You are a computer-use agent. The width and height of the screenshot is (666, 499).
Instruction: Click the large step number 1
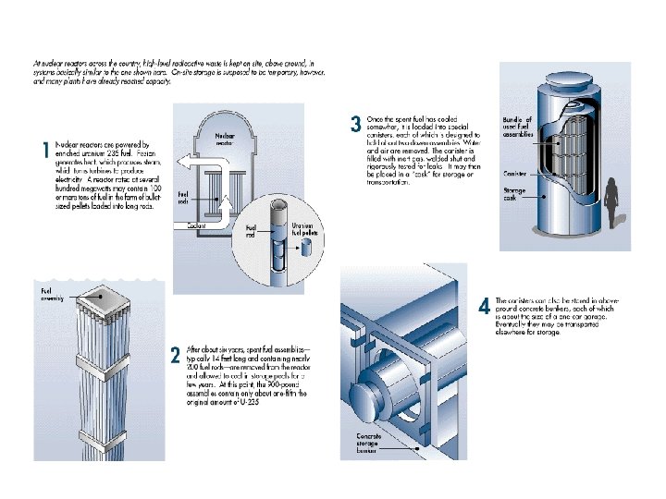[43, 151]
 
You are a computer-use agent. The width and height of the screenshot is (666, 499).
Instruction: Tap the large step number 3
[355, 124]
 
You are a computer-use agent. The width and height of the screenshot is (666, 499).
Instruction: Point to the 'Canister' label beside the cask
[515, 173]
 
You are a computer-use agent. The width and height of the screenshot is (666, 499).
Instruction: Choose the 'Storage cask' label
[514, 195]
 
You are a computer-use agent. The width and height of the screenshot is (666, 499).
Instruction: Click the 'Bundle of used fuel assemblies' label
[517, 128]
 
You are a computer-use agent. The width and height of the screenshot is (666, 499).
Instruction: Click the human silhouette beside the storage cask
[610, 204]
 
